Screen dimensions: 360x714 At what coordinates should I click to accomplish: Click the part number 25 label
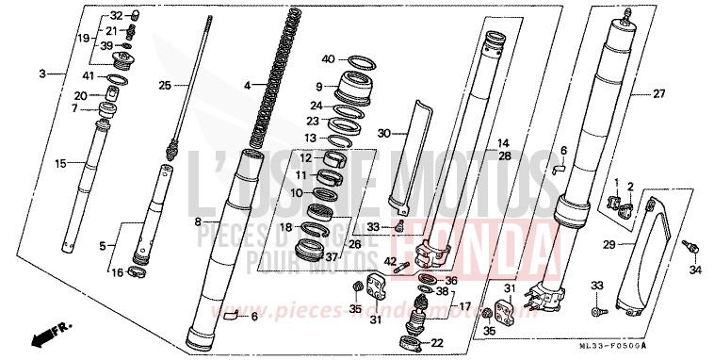tap(165, 86)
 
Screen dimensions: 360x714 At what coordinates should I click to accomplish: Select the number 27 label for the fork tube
tap(658, 94)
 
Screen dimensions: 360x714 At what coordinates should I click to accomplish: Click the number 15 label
tap(60, 164)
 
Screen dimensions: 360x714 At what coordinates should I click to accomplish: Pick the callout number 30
tap(383, 134)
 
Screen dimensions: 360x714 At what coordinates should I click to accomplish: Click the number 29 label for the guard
tap(608, 245)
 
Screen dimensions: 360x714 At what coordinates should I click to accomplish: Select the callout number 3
tap(43, 74)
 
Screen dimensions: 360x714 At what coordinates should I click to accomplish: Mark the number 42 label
tap(391, 261)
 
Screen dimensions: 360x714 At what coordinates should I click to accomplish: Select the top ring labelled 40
tap(358, 63)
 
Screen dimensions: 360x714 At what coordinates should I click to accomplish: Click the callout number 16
tap(118, 272)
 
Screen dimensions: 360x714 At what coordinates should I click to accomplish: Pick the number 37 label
tap(331, 256)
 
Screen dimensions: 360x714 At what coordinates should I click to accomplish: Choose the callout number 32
tap(117, 16)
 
